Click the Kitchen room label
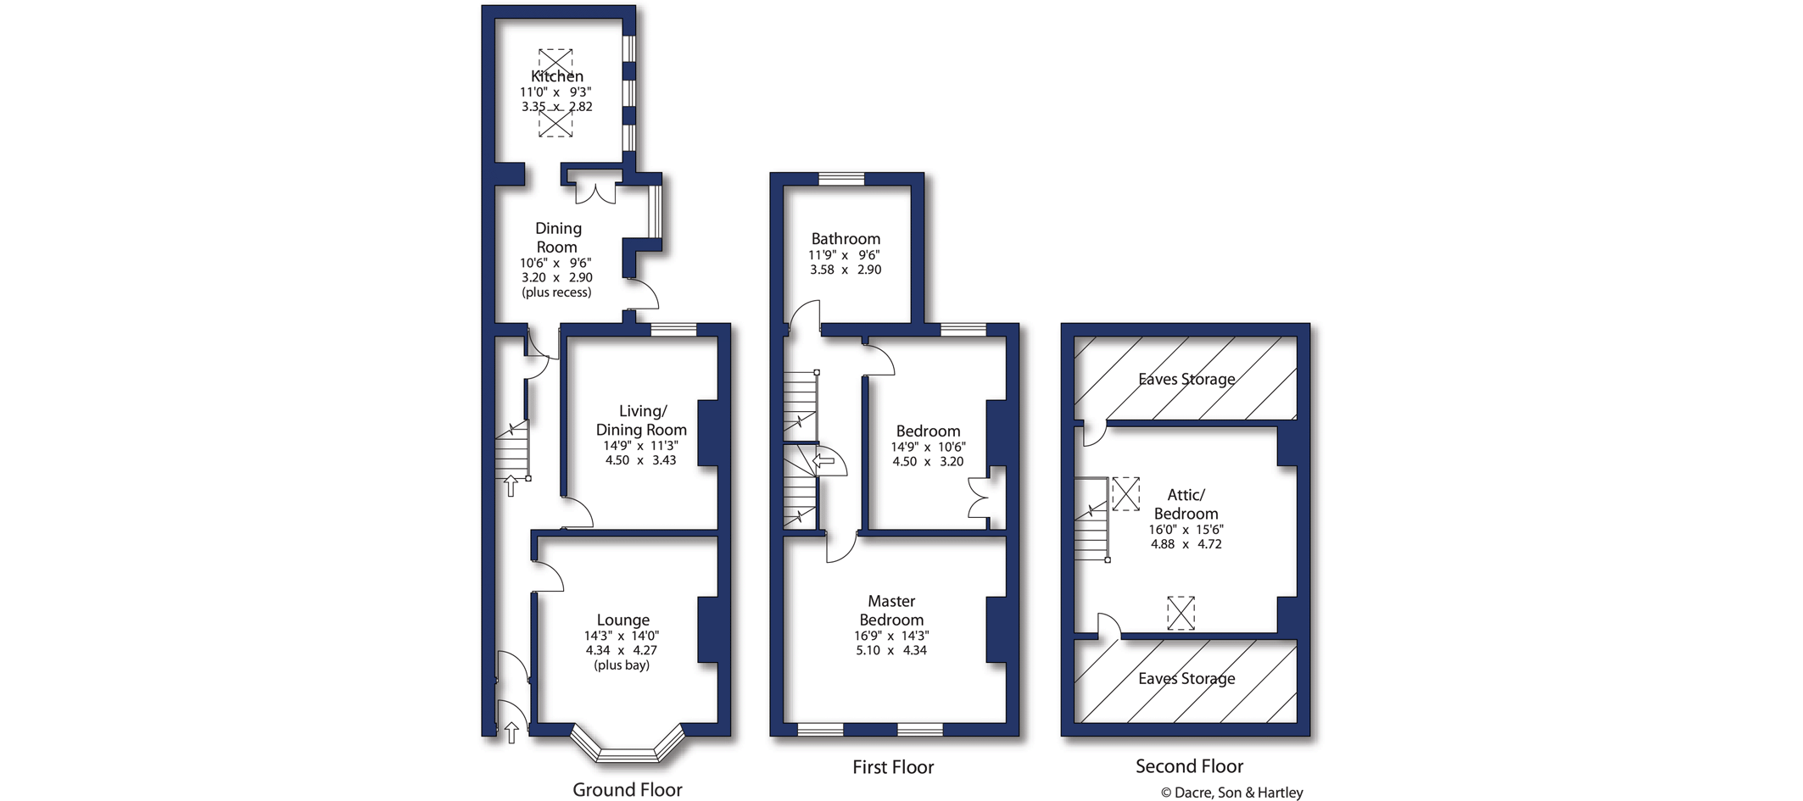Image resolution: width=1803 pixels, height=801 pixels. point(557,76)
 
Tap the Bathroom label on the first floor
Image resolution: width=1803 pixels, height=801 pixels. point(846,239)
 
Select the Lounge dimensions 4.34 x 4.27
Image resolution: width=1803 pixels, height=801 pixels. point(622,650)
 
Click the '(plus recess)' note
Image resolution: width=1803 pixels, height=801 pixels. point(556,292)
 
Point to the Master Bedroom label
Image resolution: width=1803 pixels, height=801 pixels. point(891,610)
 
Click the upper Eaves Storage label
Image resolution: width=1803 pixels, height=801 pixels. point(1186,379)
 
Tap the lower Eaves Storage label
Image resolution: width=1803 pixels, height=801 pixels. point(1186,678)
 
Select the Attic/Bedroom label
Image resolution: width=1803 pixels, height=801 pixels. point(1186,504)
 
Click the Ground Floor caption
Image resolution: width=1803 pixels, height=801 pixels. point(627,790)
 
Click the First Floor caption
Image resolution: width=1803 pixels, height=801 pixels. point(893,767)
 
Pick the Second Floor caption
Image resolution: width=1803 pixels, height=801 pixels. point(1189,766)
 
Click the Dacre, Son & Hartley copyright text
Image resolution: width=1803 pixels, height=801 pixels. point(1231,793)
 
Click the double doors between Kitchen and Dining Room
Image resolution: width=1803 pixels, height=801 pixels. point(595,191)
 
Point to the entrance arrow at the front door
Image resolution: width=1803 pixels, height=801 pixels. point(511,732)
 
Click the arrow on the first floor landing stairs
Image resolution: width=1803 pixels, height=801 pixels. point(824,462)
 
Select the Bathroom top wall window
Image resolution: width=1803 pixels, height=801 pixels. point(841,178)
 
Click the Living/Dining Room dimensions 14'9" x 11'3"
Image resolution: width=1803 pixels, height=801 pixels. point(640,446)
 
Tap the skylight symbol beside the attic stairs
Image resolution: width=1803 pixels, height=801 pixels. point(1125,493)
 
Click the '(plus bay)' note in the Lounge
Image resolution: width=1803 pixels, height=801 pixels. point(622,665)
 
